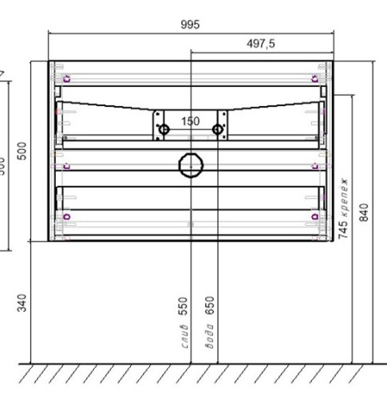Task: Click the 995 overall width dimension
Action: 189,25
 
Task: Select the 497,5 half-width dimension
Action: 259,45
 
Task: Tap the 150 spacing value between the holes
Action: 190,121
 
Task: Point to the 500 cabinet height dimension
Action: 23,150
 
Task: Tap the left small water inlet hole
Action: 164,128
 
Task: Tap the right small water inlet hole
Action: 216,128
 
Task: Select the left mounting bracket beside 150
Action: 158,122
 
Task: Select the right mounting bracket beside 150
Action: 223,122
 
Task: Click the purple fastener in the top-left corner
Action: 67,78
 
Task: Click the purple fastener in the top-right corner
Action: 313,78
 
